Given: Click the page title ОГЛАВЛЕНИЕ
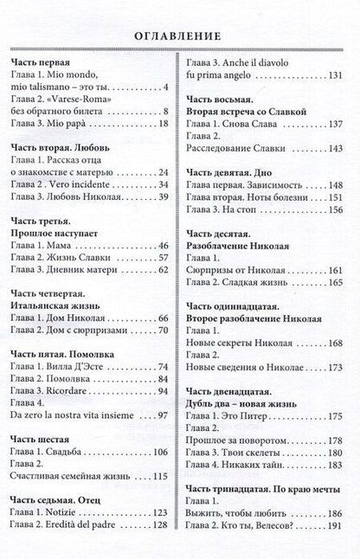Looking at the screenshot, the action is (x=179, y=36).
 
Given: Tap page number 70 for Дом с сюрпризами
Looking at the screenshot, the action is (x=163, y=330).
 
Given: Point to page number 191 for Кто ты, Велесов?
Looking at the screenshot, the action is (x=336, y=548).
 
